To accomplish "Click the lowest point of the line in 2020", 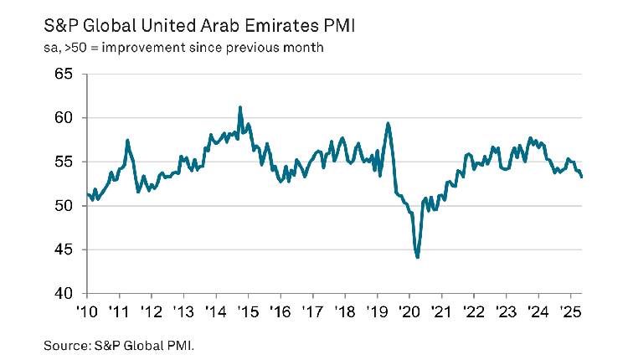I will (x=417, y=257).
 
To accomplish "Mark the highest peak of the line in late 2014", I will (x=240, y=107).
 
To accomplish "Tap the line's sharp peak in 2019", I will (x=388, y=124).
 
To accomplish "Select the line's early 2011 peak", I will (x=126, y=140).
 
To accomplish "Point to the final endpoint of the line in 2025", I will (x=582, y=177).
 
